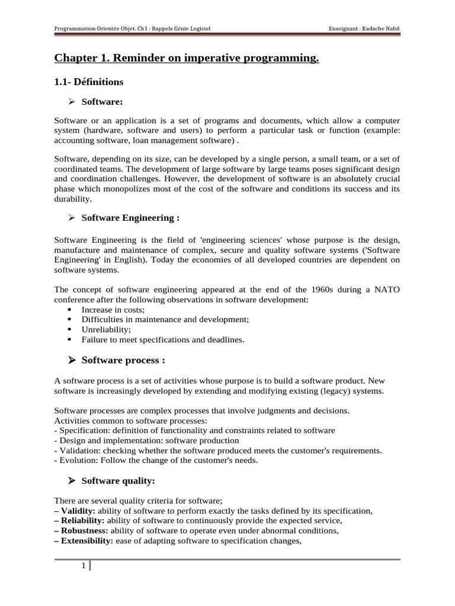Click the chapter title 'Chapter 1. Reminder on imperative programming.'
click(187, 58)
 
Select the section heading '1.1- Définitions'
click(89, 81)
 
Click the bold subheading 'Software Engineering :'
click(130, 218)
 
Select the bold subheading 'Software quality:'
click(118, 481)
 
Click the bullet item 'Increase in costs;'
click(113, 310)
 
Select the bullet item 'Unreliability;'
click(106, 329)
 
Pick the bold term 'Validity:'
click(78, 511)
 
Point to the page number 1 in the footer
click(84, 567)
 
